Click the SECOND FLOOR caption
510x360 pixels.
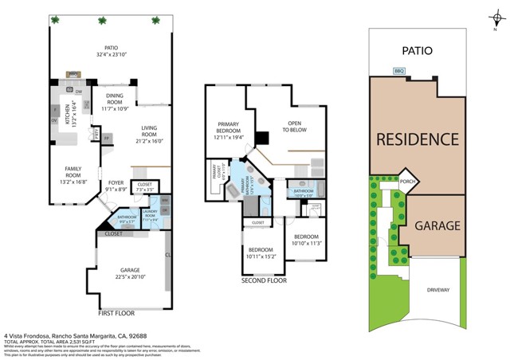pos(265,281)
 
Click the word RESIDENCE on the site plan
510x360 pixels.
pos(417,139)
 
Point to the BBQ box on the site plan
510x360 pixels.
pos(399,71)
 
